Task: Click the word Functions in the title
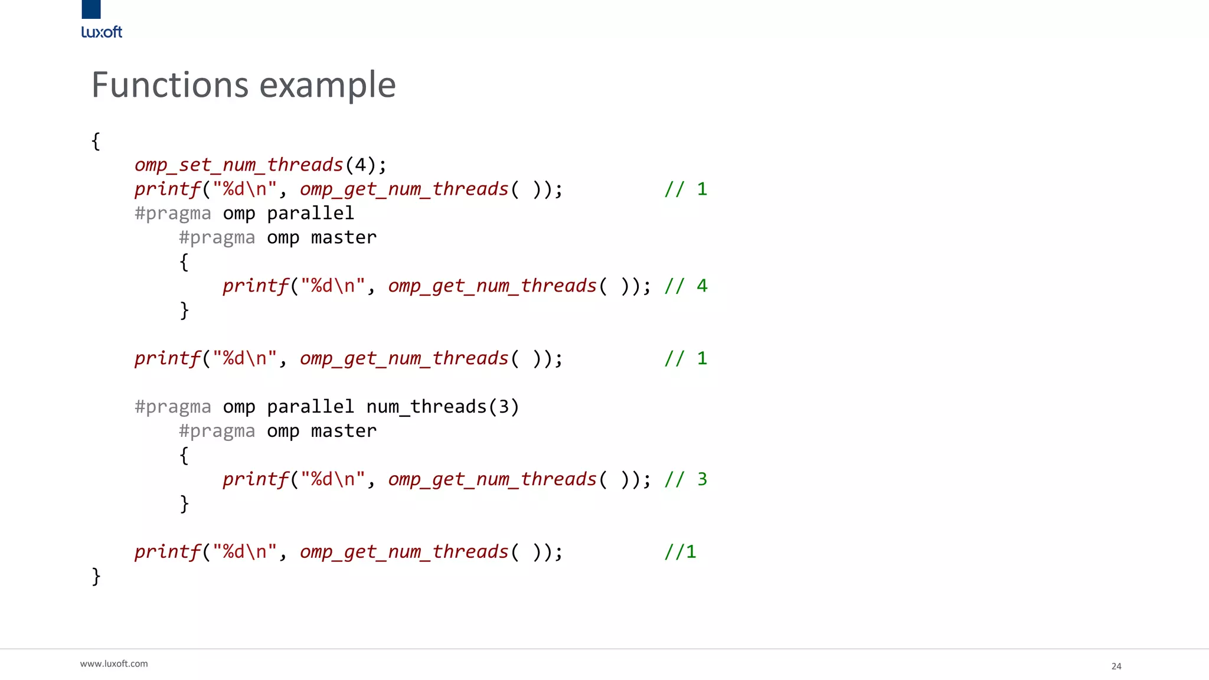point(170,85)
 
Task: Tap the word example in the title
point(328,85)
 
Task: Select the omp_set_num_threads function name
point(238,165)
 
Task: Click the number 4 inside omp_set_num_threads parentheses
point(360,165)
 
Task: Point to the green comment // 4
point(685,286)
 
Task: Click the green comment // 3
point(685,479)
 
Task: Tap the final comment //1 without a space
point(680,552)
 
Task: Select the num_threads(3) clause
point(442,407)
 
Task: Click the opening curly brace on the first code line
point(96,141)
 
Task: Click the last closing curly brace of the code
point(96,576)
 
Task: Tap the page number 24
point(1116,666)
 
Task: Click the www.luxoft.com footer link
point(114,664)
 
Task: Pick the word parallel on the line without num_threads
point(310,213)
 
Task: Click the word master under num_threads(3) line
point(344,431)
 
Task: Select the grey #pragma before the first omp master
point(217,237)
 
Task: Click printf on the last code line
point(168,552)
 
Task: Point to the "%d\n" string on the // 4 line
point(332,286)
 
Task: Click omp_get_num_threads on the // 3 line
point(492,479)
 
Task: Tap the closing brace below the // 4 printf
point(184,310)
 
